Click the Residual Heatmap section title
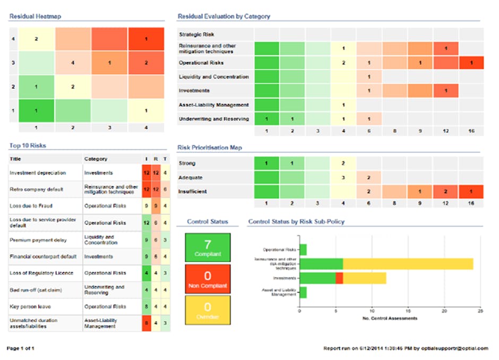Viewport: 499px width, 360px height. [x=35, y=16]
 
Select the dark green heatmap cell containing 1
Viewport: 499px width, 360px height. [x=37, y=110]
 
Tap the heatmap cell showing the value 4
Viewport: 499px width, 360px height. [x=73, y=63]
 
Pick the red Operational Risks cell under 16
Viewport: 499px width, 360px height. [x=471, y=63]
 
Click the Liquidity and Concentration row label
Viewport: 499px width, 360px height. [x=214, y=77]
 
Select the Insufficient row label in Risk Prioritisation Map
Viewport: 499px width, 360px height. [x=193, y=191]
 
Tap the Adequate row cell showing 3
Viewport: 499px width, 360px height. [x=343, y=177]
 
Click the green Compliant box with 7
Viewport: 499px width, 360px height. [x=208, y=247]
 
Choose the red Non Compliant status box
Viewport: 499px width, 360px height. [x=208, y=279]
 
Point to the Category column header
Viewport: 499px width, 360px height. [x=96, y=159]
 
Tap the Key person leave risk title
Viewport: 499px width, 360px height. [x=31, y=306]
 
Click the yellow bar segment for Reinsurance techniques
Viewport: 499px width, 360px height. [x=408, y=263]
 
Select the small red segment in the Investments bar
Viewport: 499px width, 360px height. [x=340, y=278]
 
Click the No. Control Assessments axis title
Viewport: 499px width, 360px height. [x=390, y=319]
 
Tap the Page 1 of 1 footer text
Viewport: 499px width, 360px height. [x=21, y=348]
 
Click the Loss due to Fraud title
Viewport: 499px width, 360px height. [x=31, y=205]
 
